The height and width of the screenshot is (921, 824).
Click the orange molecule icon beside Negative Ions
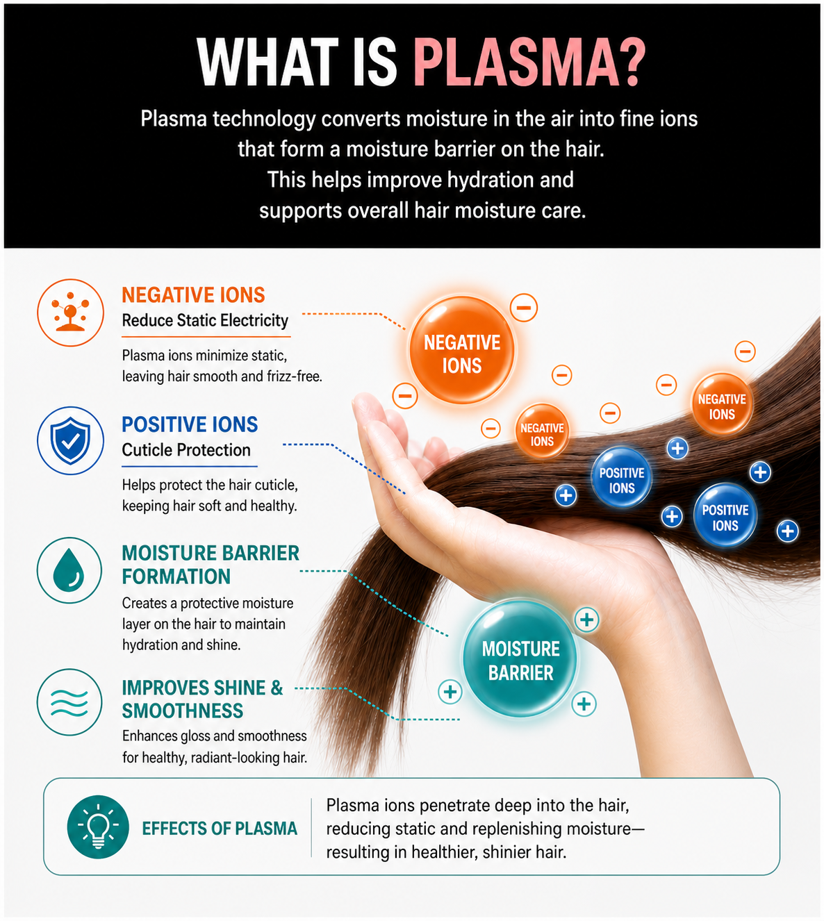pos(70,313)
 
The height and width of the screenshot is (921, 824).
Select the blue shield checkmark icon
pos(70,440)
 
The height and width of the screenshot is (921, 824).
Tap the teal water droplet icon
pos(69,570)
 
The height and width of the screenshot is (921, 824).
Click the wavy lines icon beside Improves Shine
pos(69,702)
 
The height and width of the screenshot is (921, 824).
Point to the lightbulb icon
pos(98,827)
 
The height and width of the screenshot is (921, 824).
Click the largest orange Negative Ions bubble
pos(461,349)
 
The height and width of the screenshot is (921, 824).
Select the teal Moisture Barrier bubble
pos(520,660)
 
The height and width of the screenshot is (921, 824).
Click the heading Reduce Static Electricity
pos(205,320)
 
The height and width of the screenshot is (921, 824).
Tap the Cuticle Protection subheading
pos(186,450)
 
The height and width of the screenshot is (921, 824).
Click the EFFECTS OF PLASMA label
pos(220,828)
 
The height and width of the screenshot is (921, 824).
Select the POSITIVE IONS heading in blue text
pos(190,424)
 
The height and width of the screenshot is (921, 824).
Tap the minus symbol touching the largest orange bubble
pos(523,308)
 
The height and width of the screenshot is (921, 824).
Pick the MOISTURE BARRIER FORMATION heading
pos(211,565)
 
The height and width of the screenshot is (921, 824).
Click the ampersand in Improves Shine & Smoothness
pos(277,688)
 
